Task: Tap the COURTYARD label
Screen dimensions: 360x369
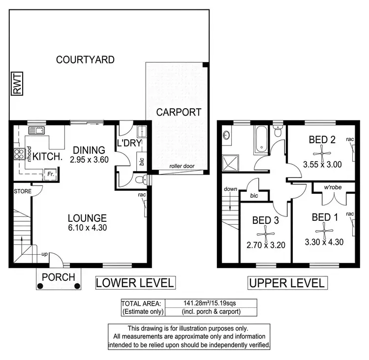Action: (85, 60)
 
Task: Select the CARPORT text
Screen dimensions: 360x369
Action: (179, 112)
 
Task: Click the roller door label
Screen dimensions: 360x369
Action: (182, 166)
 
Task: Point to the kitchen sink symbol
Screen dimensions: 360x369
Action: (37, 131)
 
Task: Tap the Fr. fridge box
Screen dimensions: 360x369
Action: (50, 174)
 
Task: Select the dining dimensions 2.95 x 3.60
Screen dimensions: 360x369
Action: (89, 159)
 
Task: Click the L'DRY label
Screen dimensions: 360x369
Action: (129, 143)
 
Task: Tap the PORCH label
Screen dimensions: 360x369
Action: (58, 277)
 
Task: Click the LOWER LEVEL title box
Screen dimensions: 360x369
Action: (135, 283)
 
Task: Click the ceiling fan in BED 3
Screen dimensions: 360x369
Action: (265, 233)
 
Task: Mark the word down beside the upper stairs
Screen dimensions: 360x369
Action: (230, 189)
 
